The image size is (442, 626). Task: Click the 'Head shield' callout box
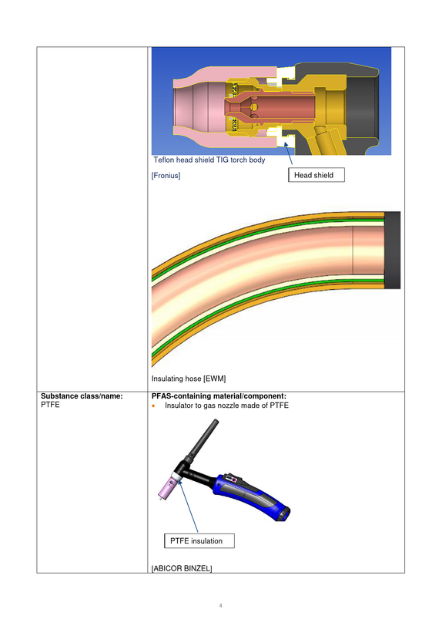pyautogui.click(x=316, y=175)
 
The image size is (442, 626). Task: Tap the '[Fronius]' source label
pyautogui.click(x=166, y=176)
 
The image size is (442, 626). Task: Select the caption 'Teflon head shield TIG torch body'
pyautogui.click(x=209, y=160)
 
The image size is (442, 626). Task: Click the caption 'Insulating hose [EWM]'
pyautogui.click(x=189, y=379)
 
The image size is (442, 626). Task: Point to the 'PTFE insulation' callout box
pyautogui.click(x=199, y=541)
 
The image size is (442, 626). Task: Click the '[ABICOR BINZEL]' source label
pyautogui.click(x=182, y=568)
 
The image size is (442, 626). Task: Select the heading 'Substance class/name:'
pyautogui.click(x=82, y=396)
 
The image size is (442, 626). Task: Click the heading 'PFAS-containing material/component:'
pyautogui.click(x=219, y=396)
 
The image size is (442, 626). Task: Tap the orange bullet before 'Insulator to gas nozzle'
pyautogui.click(x=153, y=406)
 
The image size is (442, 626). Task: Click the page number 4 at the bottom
pyautogui.click(x=220, y=606)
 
